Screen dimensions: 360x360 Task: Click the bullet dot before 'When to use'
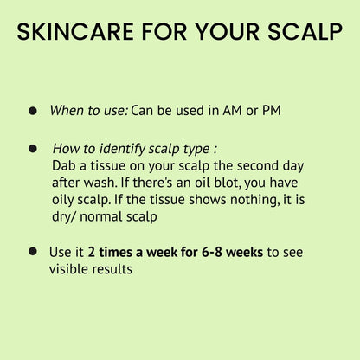(x=33, y=111)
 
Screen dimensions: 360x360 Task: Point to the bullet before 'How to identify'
(x=33, y=149)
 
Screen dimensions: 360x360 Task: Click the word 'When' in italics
(x=66, y=111)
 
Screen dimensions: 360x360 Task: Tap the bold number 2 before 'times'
(x=92, y=252)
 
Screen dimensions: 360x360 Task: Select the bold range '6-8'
(x=203, y=252)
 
